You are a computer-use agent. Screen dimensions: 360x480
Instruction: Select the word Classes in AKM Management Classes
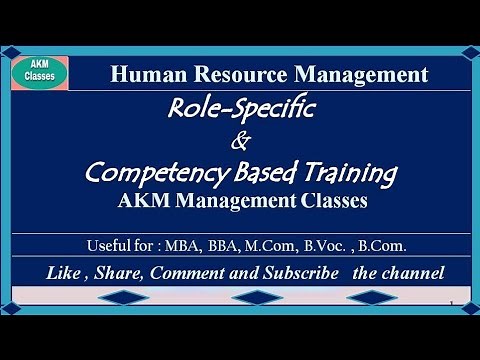pyautogui.click(x=329, y=200)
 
